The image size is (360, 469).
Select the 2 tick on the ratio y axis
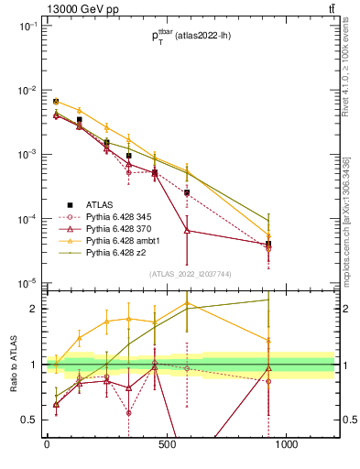(31, 309)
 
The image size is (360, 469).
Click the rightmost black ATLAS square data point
(268, 244)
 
